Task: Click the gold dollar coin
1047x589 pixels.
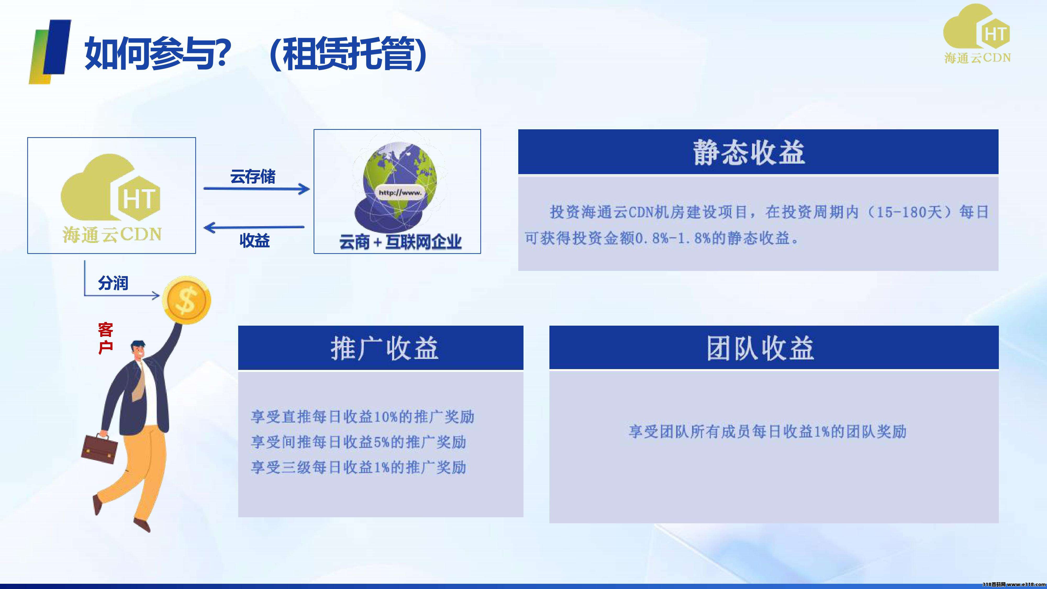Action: click(187, 301)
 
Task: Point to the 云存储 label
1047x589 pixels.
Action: click(253, 176)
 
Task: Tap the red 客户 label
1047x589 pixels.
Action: click(105, 338)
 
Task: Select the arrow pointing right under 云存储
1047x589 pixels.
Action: click(257, 188)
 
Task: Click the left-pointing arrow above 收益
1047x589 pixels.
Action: click(254, 227)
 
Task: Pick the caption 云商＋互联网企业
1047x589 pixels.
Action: click(400, 242)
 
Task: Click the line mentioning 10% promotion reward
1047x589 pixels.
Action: click(363, 417)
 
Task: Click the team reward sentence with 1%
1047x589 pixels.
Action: click(768, 431)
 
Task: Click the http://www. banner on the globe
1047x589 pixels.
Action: click(400, 193)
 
